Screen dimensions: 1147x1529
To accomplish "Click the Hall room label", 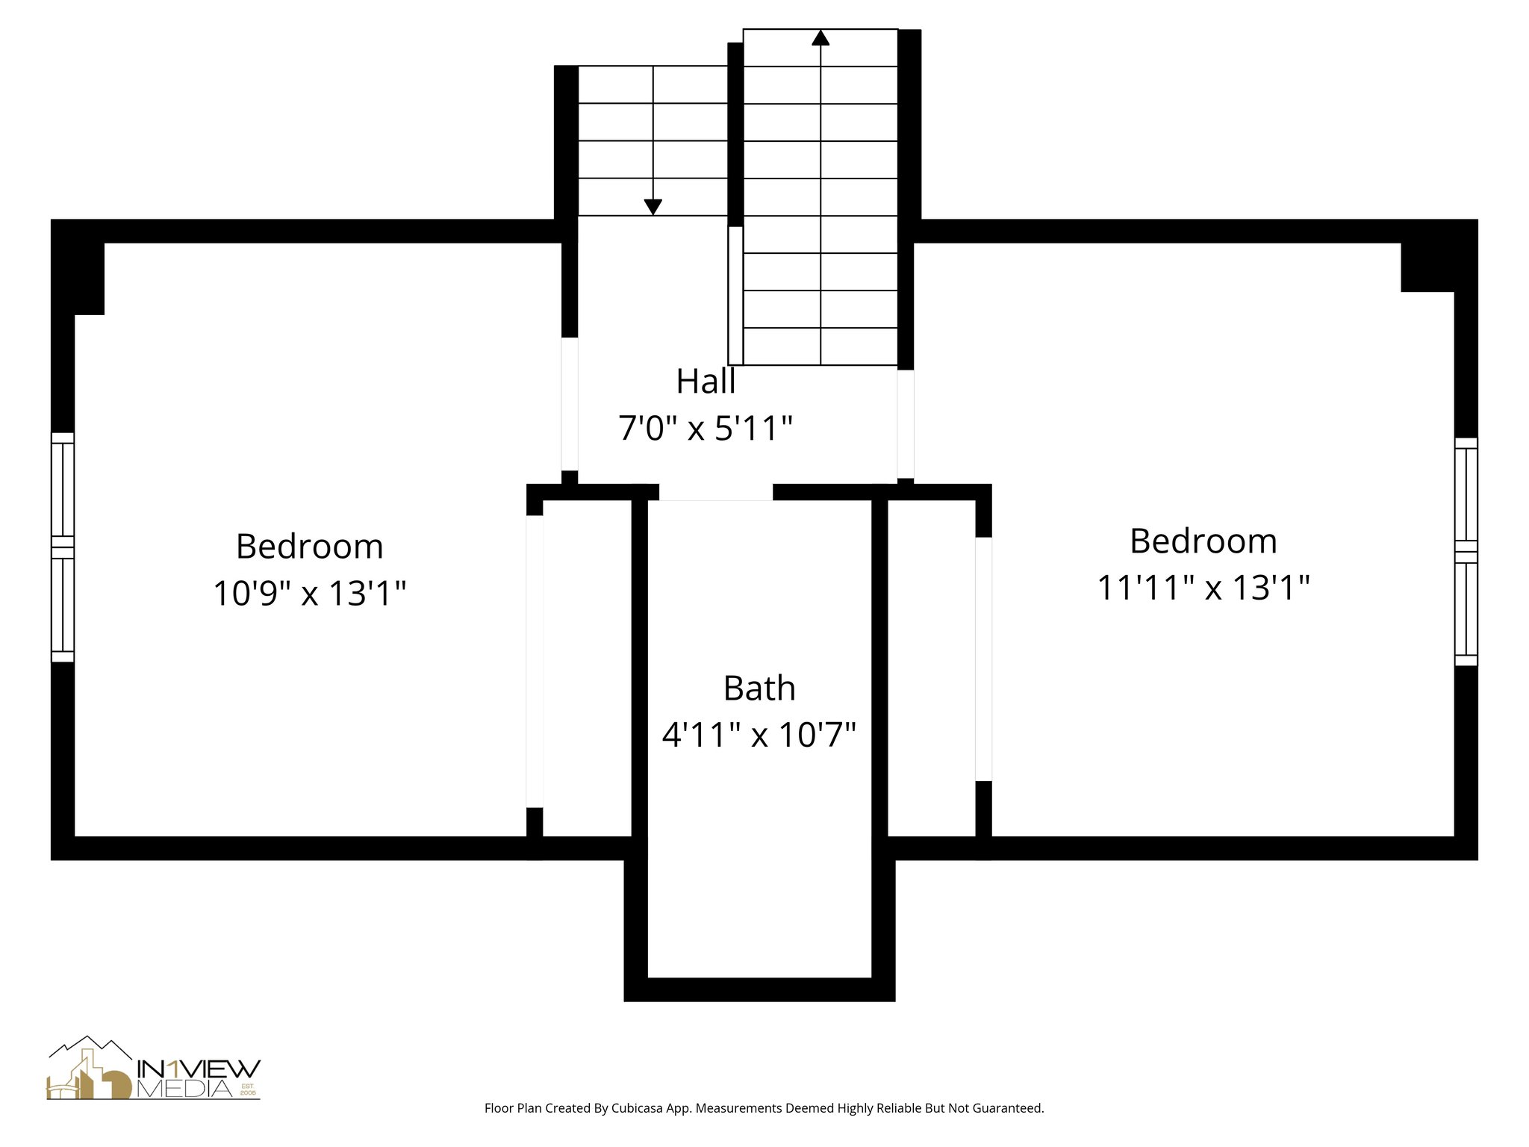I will tap(706, 382).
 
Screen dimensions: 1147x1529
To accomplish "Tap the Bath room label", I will tap(759, 688).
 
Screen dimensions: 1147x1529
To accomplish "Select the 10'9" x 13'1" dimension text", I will tap(309, 594).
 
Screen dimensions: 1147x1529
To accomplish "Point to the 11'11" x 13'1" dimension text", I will tap(1203, 588).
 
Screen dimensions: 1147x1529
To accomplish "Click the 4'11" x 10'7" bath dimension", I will tap(759, 735).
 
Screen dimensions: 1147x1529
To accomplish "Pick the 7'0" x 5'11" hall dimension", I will tap(706, 429).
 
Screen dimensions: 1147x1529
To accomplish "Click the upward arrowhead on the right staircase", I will tap(820, 37).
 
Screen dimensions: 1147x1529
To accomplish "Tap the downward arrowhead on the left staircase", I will tap(653, 207).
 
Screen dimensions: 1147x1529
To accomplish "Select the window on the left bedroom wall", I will tap(63, 547).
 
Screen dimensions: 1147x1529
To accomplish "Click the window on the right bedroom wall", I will tap(1466, 552).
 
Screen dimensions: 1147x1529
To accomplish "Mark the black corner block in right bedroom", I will tap(1427, 267).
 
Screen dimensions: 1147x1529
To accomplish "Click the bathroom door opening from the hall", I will tap(715, 492).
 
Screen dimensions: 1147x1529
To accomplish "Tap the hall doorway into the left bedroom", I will tap(570, 403).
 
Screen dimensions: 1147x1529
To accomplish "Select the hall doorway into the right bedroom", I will tap(905, 423).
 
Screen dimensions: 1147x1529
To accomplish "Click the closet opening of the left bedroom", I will tap(535, 661).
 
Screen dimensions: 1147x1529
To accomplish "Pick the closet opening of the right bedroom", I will tap(984, 659).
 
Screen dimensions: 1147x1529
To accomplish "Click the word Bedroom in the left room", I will tap(309, 547).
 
